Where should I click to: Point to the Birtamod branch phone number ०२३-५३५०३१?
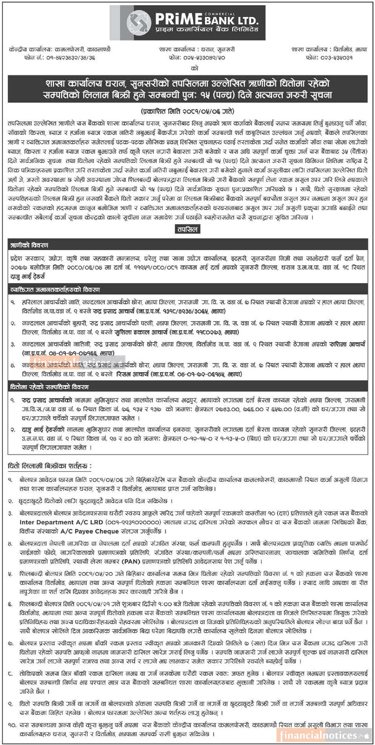pyautogui.click(x=329, y=58)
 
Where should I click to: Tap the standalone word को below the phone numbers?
pyautogui.click(x=194, y=68)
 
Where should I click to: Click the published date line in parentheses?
pyautogui.click(x=187, y=112)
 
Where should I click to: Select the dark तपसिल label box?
pyautogui.click(x=187, y=229)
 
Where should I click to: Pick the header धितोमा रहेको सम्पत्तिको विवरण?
pyautogui.click(x=50, y=387)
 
